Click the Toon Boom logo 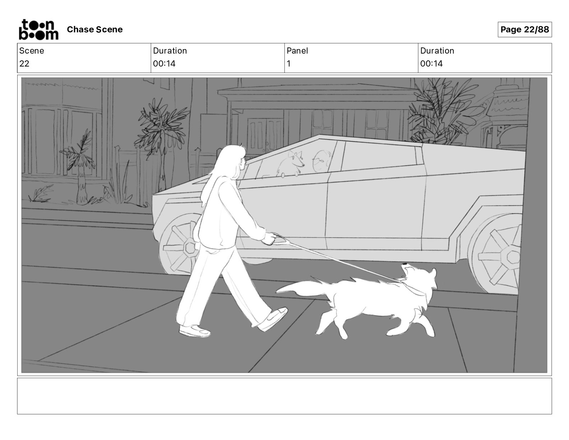pos(39,29)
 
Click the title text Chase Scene pos(94,29)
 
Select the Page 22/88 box pos(524,29)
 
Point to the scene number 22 pos(24,64)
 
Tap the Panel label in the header pos(297,51)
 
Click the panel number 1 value pos(288,64)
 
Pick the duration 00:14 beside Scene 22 pos(164,64)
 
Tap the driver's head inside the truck pos(321,161)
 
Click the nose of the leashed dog pos(404,265)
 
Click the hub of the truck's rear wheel pos(513,257)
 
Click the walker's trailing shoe pos(194,330)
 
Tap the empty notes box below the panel pos(284,396)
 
